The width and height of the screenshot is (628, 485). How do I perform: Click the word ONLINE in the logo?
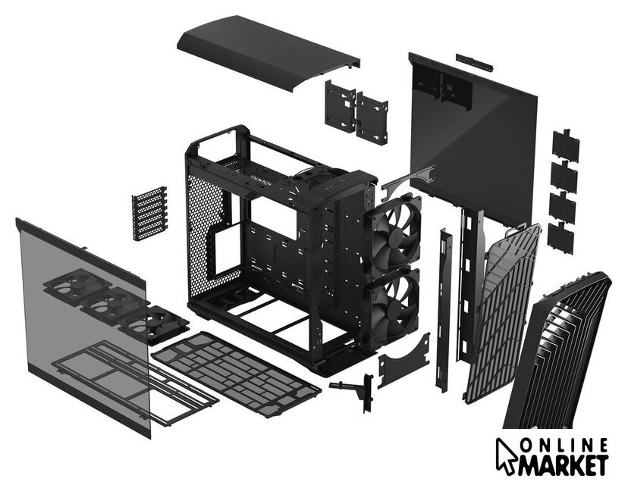(x=564, y=446)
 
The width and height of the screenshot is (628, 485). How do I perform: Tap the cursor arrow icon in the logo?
(x=506, y=457)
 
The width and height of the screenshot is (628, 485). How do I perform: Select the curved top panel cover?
(x=268, y=52)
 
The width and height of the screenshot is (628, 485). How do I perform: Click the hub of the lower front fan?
(x=393, y=306)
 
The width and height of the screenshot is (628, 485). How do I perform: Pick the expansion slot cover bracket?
(x=149, y=213)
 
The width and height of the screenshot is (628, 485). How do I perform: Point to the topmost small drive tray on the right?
(x=566, y=145)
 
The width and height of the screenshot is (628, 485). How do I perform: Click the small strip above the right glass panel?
(x=475, y=62)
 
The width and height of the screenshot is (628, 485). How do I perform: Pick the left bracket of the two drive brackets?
(x=341, y=106)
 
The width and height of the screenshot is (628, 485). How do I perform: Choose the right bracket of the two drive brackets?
(x=372, y=118)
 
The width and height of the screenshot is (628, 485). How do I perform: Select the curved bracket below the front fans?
(x=403, y=361)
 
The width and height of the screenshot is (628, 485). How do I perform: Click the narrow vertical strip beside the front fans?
(x=444, y=310)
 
